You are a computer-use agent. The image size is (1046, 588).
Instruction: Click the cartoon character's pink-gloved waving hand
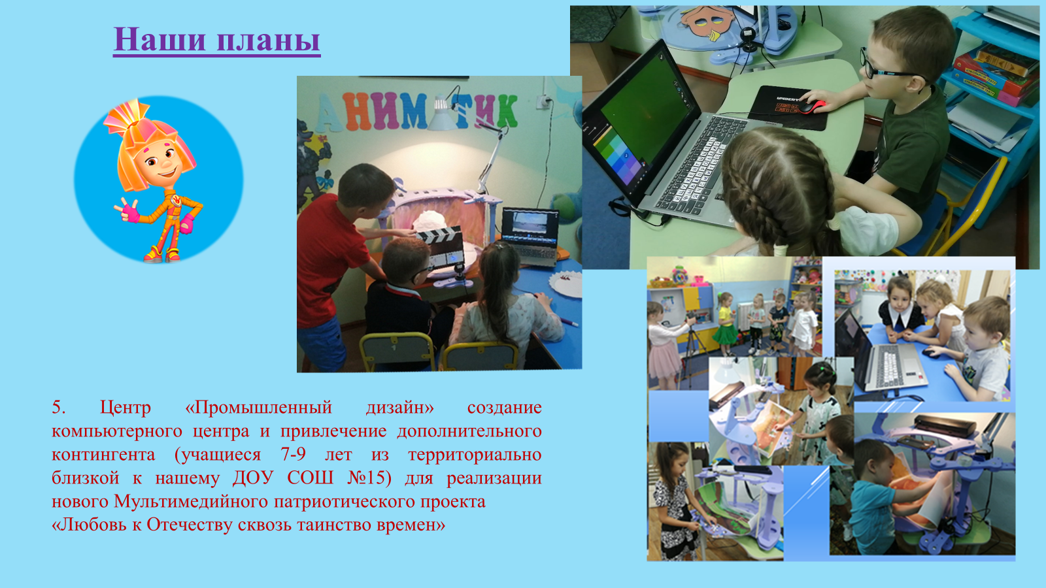pos(127,210)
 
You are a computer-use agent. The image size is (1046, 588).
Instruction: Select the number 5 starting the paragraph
pos(58,408)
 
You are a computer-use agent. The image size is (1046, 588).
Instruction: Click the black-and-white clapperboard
pos(441,248)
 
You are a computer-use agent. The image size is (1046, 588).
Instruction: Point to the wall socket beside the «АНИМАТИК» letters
pos(543,101)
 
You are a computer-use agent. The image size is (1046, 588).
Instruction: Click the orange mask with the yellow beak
pos(707,21)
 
